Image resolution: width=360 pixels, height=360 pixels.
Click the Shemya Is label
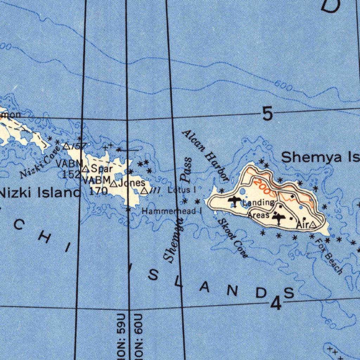(320, 157)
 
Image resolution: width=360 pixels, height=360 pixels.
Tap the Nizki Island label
(40, 193)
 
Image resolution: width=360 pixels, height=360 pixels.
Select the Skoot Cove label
(233, 238)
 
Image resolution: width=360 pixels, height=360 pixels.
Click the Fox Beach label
(329, 256)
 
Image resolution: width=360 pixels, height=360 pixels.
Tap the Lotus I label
(181, 190)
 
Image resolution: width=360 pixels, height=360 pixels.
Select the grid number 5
(267, 114)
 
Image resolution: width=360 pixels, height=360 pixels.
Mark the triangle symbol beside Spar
(85, 169)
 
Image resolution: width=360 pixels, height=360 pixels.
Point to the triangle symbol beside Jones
(113, 184)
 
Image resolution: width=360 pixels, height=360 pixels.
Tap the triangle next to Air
(312, 224)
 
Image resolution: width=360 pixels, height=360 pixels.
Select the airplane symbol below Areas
(279, 218)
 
